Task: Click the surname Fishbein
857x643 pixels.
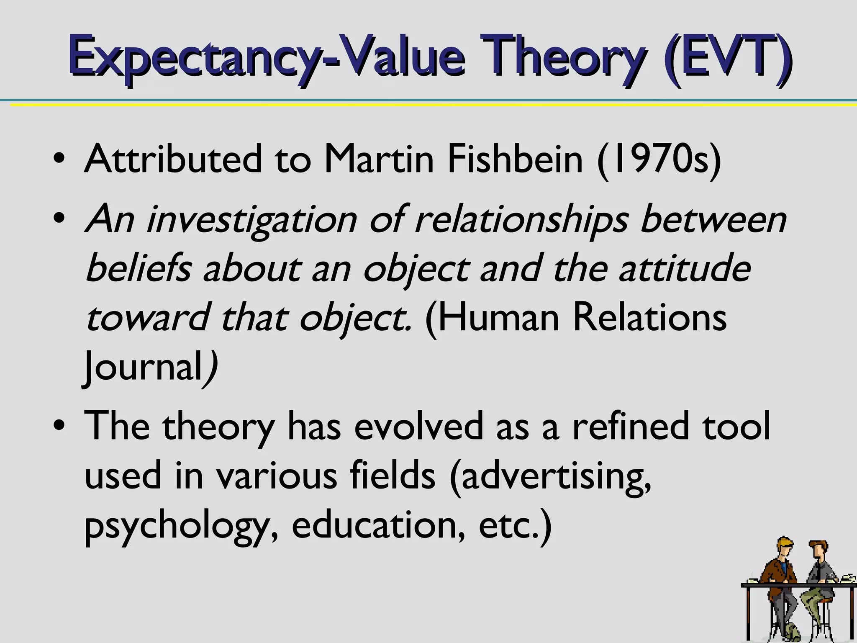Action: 515,159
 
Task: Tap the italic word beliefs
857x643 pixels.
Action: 139,268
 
